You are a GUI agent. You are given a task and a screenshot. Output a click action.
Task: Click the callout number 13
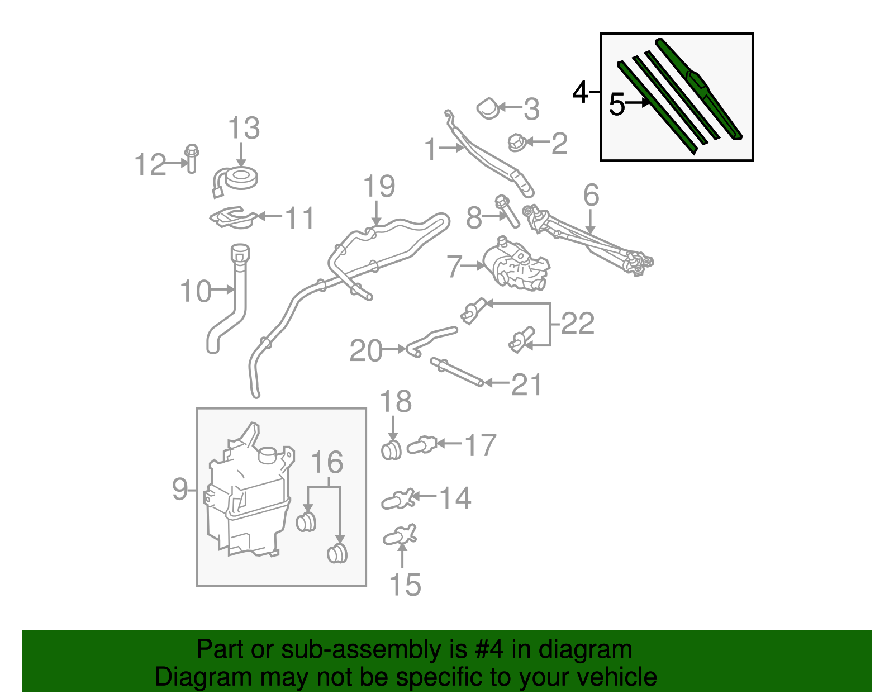coord(244,129)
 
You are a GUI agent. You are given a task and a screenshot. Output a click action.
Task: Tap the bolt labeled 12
coord(192,159)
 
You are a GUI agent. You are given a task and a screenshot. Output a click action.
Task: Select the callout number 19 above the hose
coord(379,187)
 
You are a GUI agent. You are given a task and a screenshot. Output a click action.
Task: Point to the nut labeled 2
coord(516,143)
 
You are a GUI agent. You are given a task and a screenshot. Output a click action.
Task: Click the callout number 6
coord(591,196)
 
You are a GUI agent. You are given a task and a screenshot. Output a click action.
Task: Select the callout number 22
coord(578,324)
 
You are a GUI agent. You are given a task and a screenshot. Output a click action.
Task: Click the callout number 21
coord(527,384)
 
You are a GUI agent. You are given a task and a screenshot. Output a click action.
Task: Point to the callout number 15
coord(405,585)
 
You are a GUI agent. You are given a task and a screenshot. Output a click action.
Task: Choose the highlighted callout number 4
coord(581,92)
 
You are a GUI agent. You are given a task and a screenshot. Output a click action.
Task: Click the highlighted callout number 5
coord(616,105)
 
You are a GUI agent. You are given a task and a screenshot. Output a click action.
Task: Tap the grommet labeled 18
coord(391,450)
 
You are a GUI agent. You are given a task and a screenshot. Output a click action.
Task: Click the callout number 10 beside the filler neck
coord(196,292)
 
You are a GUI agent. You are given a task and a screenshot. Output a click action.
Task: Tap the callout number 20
coord(365,351)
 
